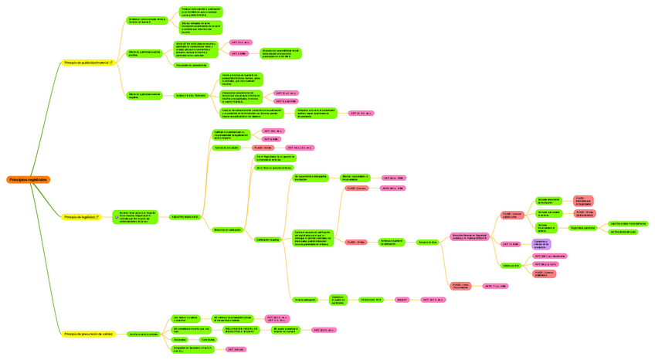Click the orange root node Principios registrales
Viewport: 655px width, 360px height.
click(29, 180)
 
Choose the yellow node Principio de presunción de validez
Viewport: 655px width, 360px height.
click(89, 334)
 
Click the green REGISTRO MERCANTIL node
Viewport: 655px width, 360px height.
click(184, 217)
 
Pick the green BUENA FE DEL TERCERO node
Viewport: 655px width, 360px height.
click(190, 96)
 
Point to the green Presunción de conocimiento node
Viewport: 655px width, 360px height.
click(191, 65)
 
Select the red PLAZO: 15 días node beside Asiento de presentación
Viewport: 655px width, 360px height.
click(263, 147)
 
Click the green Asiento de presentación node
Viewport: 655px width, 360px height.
click(227, 147)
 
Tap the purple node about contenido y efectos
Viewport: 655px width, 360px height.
click(541, 243)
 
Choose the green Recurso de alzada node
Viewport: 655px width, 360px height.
click(428, 242)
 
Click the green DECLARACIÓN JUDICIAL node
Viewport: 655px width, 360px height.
click(243, 330)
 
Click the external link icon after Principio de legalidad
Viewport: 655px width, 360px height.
click(97, 217)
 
